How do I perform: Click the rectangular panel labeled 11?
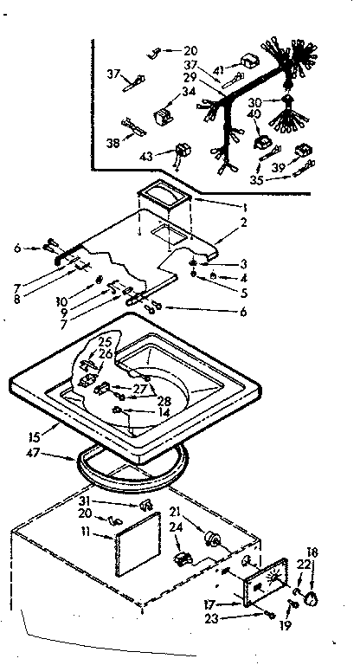tap(138, 539)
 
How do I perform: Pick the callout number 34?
tap(189, 91)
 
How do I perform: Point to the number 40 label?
tap(279, 114)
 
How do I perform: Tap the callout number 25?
tap(105, 341)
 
